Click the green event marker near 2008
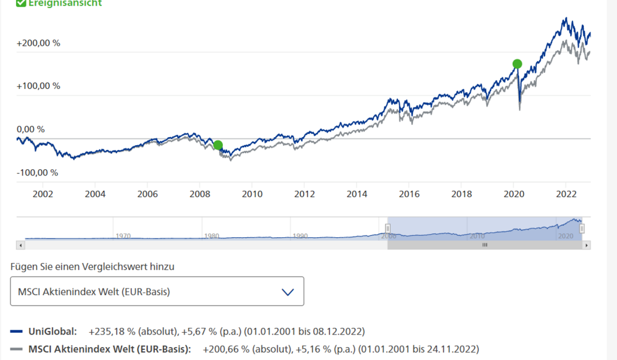coord(218,146)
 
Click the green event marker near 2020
coord(517,64)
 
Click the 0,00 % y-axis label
coord(31,129)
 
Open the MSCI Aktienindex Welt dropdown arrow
coord(288,292)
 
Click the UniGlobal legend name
coord(52,331)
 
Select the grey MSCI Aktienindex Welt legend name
coord(110,349)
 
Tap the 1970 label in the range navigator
coord(123,236)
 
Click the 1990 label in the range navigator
coord(300,236)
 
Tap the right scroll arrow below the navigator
coord(587,245)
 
